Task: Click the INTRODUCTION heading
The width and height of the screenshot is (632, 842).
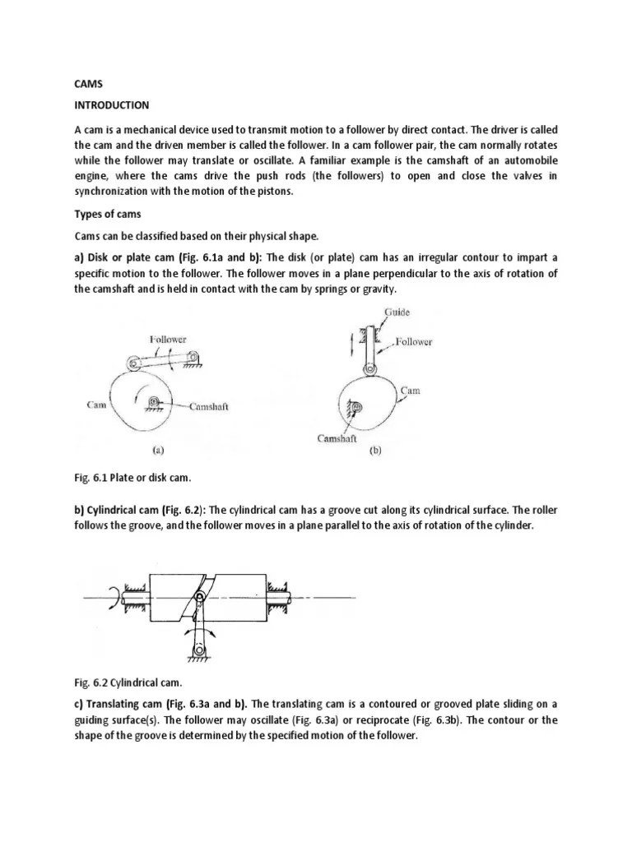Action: (109, 105)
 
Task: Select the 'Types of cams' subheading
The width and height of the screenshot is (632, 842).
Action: (107, 214)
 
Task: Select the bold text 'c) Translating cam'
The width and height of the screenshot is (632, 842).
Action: (118, 703)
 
